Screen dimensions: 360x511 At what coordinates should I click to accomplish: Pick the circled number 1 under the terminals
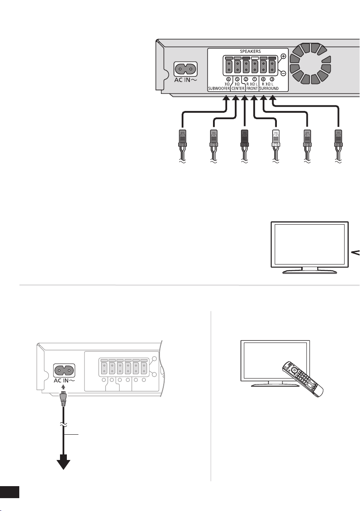click(x=255, y=79)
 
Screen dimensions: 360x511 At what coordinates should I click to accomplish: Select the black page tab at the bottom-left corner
click(x=10, y=492)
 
